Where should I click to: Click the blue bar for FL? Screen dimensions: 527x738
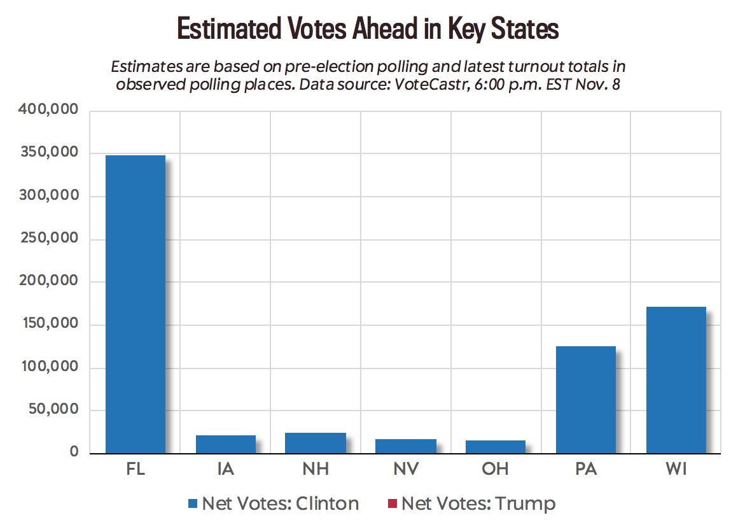[x=136, y=304]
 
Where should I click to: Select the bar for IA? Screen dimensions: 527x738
[x=225, y=444]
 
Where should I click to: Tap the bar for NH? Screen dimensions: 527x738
[x=316, y=443]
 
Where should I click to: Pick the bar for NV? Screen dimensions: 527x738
[x=406, y=446]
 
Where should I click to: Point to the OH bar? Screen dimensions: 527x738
[x=496, y=447]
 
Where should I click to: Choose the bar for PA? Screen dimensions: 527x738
[x=585, y=400]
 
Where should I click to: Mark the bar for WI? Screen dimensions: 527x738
[x=676, y=380]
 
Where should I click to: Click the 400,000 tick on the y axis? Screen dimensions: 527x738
[x=49, y=110]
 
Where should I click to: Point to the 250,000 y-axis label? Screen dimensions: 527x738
[x=49, y=239]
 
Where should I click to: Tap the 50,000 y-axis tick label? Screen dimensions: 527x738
[x=53, y=410]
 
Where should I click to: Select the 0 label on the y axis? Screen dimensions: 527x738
[x=73, y=453]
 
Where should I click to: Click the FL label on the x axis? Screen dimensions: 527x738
[x=136, y=470]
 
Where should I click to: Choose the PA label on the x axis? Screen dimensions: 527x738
[x=585, y=470]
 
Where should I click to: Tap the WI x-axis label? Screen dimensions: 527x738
[x=676, y=470]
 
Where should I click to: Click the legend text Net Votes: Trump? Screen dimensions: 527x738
[x=478, y=504]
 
